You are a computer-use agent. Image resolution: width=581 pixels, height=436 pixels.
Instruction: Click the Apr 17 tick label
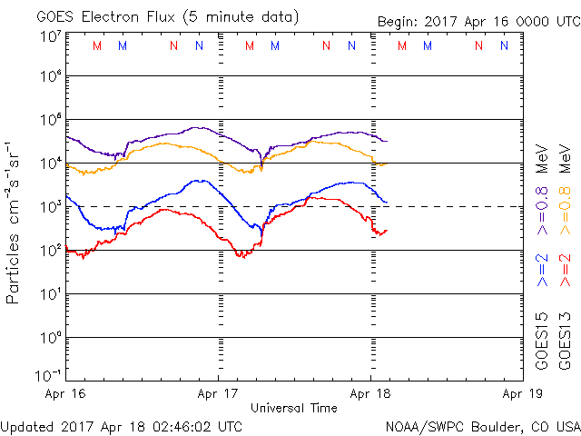(x=218, y=395)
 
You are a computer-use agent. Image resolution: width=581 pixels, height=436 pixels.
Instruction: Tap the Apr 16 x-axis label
(x=66, y=395)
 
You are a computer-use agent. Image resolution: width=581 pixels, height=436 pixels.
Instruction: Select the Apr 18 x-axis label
(x=369, y=395)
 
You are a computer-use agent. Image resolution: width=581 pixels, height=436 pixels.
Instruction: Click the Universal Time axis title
(x=293, y=408)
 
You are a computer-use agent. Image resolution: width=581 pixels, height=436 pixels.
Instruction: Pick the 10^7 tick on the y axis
(x=50, y=36)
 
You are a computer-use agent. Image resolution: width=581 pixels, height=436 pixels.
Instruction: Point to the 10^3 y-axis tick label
(x=50, y=207)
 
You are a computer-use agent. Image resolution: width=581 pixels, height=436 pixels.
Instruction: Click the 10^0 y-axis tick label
(x=50, y=338)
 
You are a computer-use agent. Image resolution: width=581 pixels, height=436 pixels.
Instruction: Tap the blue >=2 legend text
(x=542, y=271)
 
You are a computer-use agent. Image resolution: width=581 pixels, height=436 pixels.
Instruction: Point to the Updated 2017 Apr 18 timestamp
(x=122, y=425)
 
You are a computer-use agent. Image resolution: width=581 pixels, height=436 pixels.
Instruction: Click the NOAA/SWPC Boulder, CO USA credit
(x=482, y=425)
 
